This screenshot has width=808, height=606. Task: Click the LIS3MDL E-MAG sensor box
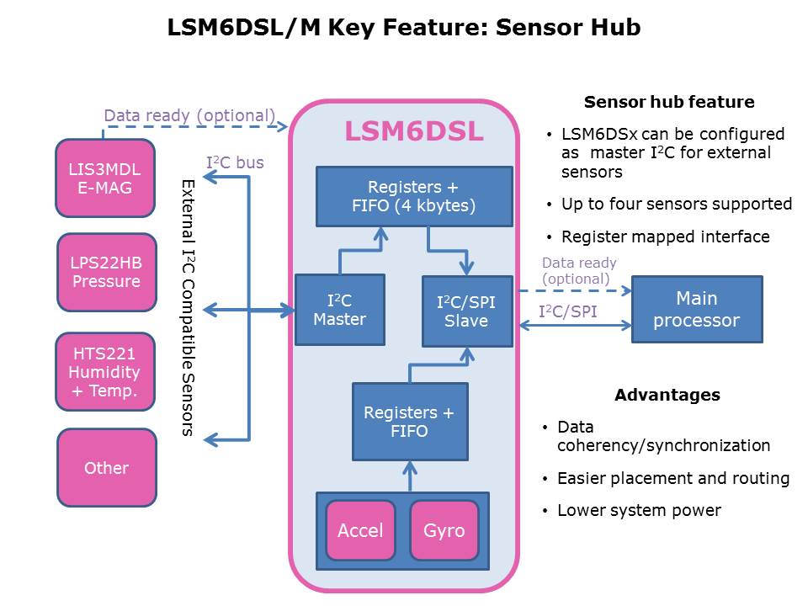(x=106, y=178)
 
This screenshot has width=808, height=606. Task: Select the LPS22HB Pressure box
(x=106, y=272)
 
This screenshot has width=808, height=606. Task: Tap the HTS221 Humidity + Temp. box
(x=106, y=372)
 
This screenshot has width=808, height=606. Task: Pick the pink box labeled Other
(x=106, y=468)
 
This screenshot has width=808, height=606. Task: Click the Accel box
(x=360, y=530)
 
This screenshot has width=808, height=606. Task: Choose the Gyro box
(x=444, y=530)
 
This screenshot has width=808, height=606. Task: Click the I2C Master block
(x=339, y=309)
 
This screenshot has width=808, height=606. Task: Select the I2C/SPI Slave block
(x=466, y=311)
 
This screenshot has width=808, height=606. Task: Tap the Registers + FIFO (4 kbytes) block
(x=414, y=196)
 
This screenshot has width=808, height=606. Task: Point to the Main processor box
(x=697, y=309)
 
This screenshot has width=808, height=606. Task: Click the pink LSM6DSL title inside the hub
(x=414, y=132)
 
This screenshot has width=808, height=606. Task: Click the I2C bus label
(x=236, y=162)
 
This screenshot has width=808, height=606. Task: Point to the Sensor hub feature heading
(x=669, y=103)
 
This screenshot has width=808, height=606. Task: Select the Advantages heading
(x=667, y=395)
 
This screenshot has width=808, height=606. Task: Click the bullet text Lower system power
(x=639, y=510)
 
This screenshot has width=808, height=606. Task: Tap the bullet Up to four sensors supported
(x=676, y=205)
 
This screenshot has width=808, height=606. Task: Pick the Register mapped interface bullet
(x=665, y=237)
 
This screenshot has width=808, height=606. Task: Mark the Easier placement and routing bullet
(x=672, y=478)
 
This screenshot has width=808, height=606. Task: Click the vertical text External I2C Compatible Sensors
(x=188, y=307)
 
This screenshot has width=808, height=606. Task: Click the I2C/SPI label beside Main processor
(x=568, y=312)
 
